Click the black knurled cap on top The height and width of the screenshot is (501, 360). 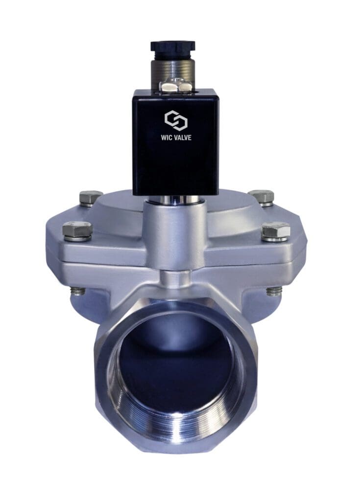(172, 46)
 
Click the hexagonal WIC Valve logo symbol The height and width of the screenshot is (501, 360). (172, 120)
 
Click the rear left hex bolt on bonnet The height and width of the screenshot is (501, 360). (91, 197)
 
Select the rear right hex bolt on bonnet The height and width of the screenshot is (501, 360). (261, 196)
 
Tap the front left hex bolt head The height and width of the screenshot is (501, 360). (77, 229)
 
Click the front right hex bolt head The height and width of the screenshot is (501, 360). (276, 230)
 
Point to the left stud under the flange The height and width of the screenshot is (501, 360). (77, 291)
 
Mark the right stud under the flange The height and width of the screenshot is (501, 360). (274, 291)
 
